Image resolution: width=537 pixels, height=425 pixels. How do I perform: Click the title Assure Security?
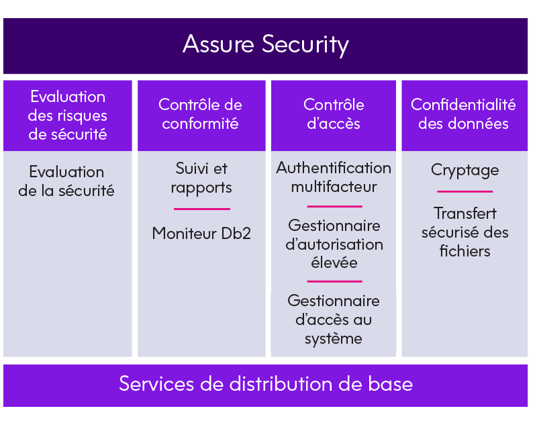[x=266, y=45]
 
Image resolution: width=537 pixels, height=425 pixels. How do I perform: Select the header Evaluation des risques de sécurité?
[x=68, y=115]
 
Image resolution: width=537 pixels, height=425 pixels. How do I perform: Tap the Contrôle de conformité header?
[x=200, y=114]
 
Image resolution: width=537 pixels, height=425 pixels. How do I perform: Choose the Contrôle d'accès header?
[x=334, y=114]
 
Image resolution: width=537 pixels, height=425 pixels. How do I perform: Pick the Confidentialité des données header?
[x=463, y=114]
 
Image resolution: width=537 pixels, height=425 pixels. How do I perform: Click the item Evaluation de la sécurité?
[x=66, y=181]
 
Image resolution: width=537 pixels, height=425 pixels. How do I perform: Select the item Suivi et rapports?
[x=201, y=178]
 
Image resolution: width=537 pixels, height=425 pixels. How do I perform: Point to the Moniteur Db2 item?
[x=201, y=234]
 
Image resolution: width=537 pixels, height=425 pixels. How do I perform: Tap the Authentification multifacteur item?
[x=334, y=177]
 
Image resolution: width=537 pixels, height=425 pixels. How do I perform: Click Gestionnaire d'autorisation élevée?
[x=334, y=244]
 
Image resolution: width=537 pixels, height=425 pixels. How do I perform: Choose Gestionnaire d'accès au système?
[x=334, y=320]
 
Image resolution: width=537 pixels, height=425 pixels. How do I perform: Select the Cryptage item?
[x=465, y=171]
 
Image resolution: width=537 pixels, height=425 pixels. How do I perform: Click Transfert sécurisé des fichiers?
[x=465, y=232]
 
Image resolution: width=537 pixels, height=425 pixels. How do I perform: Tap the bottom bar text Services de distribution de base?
[x=266, y=383]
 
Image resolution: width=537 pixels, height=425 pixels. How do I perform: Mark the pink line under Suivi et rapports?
[x=202, y=209]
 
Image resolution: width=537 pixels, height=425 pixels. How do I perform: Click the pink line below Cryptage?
[x=465, y=191]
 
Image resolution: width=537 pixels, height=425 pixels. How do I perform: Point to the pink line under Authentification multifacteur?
[x=334, y=206]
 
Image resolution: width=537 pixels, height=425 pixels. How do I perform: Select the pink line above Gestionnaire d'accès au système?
[x=334, y=281]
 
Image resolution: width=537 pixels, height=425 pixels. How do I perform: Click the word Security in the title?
[x=305, y=45]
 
